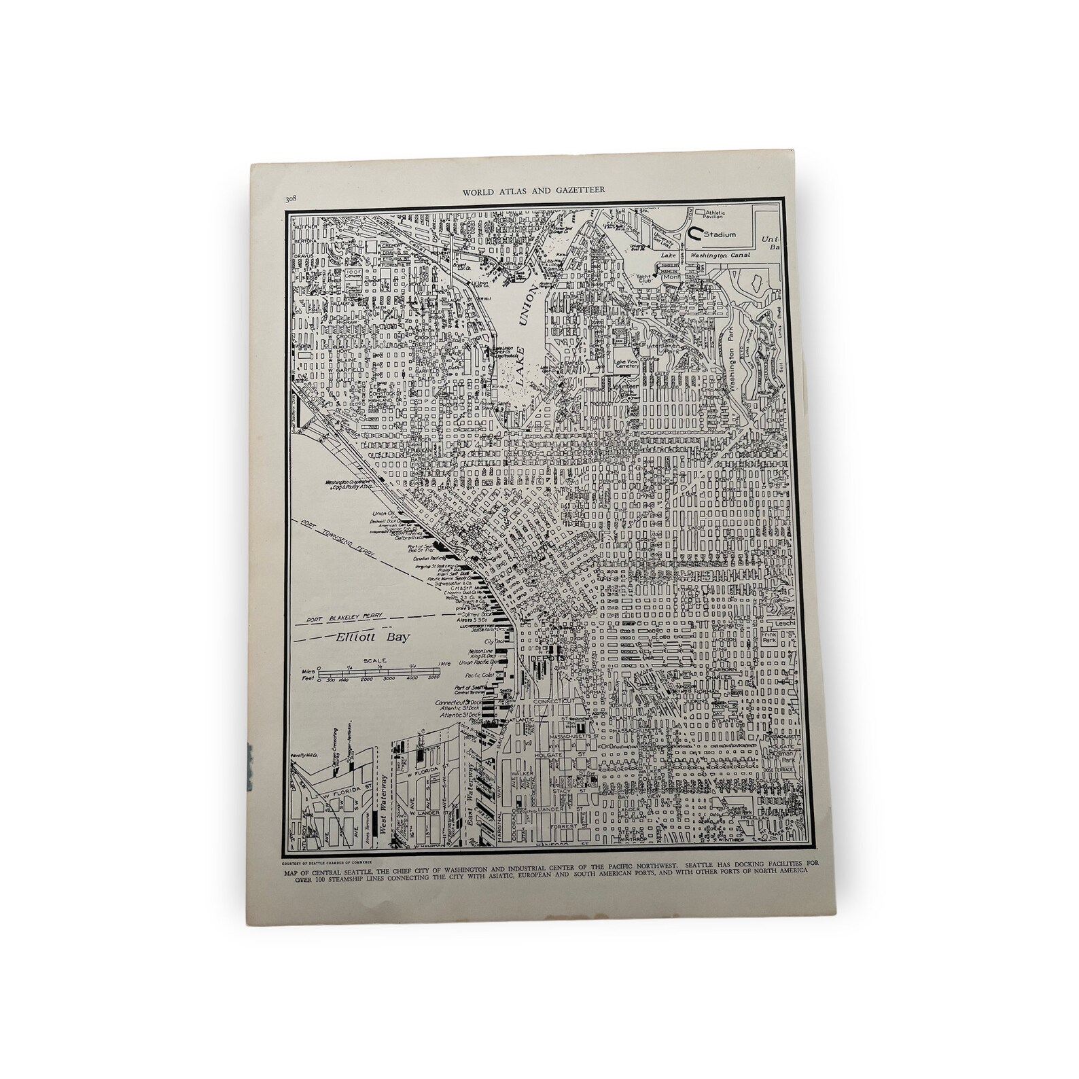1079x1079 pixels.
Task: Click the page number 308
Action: tap(290, 199)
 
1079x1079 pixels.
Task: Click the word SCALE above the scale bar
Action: tap(374, 660)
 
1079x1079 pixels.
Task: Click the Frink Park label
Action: tap(770, 638)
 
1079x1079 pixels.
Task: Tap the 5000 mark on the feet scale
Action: tap(434, 679)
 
